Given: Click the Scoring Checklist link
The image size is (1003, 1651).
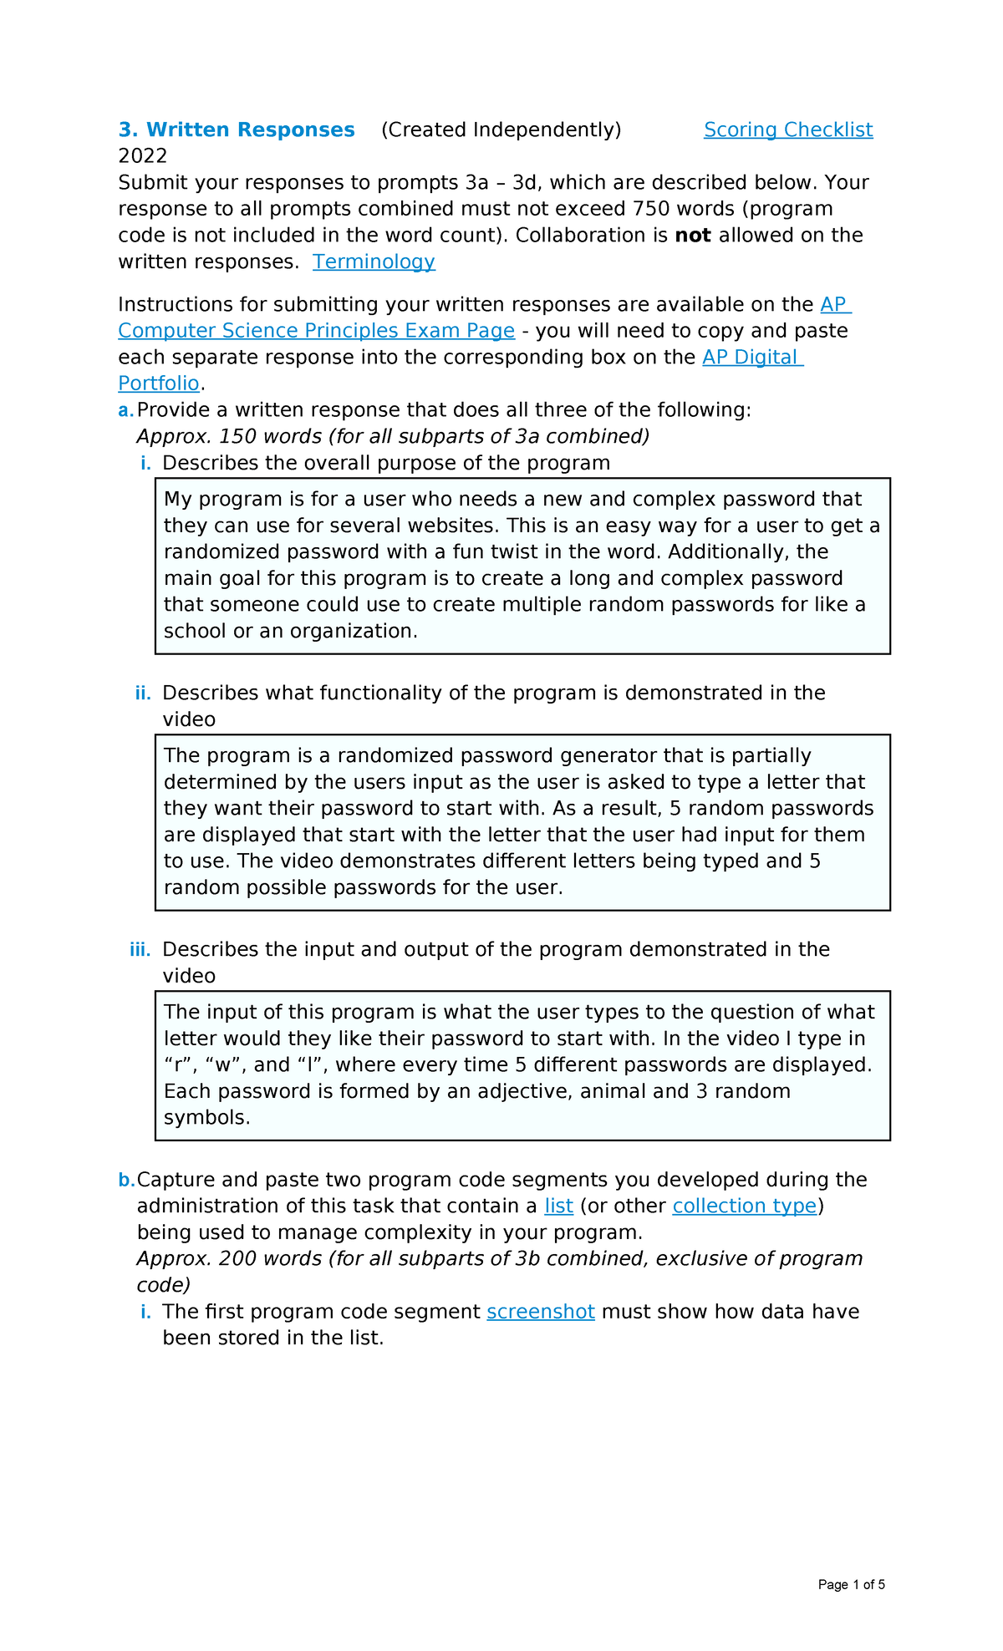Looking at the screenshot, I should (x=787, y=130).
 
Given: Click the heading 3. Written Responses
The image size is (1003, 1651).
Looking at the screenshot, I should (x=237, y=130).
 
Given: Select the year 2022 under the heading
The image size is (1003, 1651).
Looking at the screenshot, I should (x=143, y=156).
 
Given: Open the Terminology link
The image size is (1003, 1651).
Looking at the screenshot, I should (x=374, y=262).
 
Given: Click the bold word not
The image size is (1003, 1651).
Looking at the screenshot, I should (x=692, y=236).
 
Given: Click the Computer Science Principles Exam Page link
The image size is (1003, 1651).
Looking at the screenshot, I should (x=316, y=331).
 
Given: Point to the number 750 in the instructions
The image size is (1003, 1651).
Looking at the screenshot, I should (x=650, y=209).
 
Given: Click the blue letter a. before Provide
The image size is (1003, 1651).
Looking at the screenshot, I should (x=125, y=410).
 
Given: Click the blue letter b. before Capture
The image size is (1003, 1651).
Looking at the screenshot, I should (x=126, y=1180).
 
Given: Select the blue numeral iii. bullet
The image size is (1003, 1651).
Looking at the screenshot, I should (x=140, y=950).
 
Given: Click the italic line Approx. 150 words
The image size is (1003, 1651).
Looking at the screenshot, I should (x=393, y=437).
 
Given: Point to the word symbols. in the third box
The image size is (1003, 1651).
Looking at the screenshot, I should (x=206, y=1118).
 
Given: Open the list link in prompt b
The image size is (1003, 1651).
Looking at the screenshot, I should (x=558, y=1206).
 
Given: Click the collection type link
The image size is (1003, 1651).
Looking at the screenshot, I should (x=744, y=1206).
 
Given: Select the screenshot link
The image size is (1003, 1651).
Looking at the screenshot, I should (x=541, y=1312).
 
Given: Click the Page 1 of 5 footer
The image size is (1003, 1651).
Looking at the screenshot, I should (x=851, y=1585).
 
